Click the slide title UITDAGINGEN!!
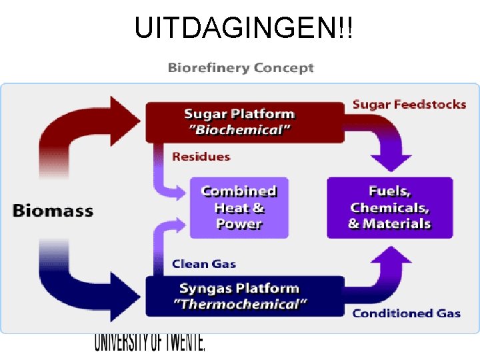(x=244, y=27)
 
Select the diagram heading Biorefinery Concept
(x=241, y=68)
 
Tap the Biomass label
(x=53, y=211)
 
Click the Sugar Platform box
(x=243, y=121)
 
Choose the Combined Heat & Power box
(x=239, y=207)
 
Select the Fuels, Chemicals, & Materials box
(x=389, y=207)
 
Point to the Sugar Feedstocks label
(x=409, y=104)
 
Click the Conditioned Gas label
(x=406, y=313)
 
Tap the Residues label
(x=201, y=157)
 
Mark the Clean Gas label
(x=203, y=264)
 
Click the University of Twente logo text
(x=149, y=342)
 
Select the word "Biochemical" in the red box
(x=243, y=130)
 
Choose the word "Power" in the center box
(x=239, y=224)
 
